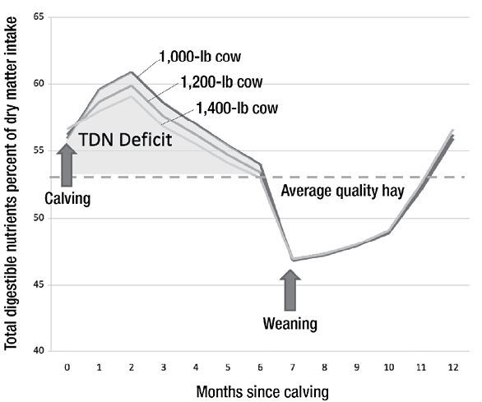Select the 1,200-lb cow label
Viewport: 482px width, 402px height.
click(x=217, y=83)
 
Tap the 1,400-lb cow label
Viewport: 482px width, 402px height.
click(x=237, y=107)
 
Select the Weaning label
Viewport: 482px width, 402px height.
click(x=290, y=322)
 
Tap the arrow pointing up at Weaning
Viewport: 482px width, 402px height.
click(x=290, y=290)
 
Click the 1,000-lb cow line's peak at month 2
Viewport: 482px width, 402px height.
click(x=131, y=72)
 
